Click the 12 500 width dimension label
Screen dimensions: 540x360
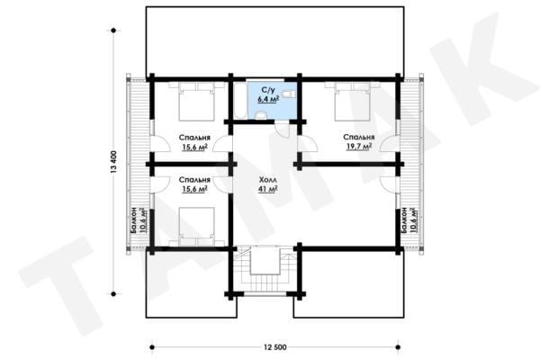275,347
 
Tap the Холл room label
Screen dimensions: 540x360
268,180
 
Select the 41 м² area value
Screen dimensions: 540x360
268,189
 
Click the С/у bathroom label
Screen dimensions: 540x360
268,90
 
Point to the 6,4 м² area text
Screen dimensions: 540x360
268,99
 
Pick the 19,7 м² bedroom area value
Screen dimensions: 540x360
359,147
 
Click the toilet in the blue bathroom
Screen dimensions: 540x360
288,94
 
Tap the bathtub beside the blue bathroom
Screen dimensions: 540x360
239,101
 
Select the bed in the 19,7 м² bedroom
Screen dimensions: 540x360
352,102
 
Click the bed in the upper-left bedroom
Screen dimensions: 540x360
196,102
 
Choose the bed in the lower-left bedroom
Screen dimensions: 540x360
196,226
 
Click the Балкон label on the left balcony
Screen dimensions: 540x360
134,220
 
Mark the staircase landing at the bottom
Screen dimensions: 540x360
265,260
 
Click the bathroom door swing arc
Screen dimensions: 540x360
280,130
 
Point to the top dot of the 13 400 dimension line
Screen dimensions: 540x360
113,31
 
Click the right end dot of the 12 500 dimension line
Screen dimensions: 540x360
398,347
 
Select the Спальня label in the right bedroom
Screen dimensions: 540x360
359,137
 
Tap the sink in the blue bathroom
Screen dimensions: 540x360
261,115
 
